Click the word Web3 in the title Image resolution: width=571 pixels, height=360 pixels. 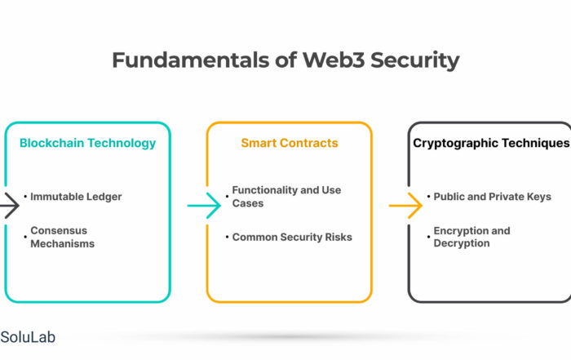333,60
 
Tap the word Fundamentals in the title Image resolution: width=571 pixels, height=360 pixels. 191,60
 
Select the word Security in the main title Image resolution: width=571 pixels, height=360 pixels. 414,61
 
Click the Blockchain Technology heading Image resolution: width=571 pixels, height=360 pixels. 88,143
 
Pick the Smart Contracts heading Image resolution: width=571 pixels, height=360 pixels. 290,143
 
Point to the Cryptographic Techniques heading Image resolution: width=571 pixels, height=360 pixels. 491,143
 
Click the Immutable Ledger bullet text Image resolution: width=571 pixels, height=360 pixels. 76,197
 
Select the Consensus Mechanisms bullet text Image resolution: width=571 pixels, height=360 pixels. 63,237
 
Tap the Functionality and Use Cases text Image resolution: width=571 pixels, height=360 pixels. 286,197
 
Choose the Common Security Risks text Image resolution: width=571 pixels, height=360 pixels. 292,238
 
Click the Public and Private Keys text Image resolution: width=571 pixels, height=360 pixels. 493,197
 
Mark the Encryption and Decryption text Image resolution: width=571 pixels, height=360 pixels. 472,237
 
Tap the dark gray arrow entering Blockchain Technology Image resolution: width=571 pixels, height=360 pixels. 10,206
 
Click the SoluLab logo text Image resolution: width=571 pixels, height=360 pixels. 28,337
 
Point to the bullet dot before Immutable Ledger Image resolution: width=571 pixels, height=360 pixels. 25,197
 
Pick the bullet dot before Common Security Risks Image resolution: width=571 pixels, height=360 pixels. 227,237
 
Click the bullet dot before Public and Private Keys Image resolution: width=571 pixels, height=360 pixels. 428,197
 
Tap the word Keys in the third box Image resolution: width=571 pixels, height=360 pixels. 539,197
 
